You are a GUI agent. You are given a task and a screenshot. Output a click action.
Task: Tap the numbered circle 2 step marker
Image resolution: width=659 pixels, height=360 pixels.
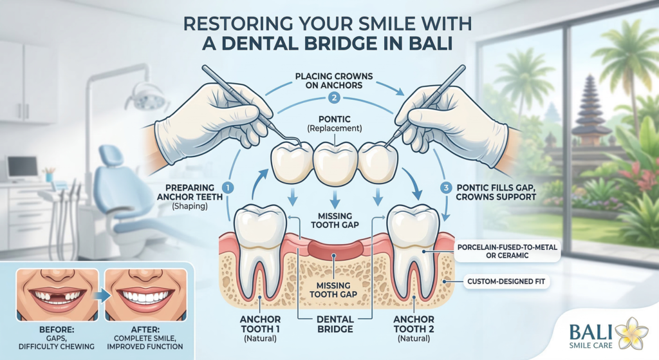[x=333, y=99]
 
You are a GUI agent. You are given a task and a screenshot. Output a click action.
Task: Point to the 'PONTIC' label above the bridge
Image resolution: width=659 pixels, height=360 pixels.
[x=332, y=119]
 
